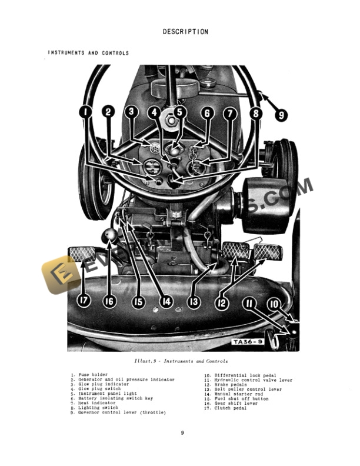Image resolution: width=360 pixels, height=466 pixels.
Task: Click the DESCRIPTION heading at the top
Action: [x=185, y=32]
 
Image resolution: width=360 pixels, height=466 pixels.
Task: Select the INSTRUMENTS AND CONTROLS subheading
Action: [x=88, y=53]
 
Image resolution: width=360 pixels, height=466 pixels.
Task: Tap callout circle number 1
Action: [x=86, y=111]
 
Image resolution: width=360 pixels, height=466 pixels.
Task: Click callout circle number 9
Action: [x=281, y=115]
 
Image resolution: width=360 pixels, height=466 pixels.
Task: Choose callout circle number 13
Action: [x=194, y=302]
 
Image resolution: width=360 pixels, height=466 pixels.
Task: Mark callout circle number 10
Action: [x=274, y=304]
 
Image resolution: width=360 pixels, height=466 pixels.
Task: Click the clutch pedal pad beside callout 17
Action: [x=82, y=254]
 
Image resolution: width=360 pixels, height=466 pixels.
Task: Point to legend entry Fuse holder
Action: [x=89, y=375]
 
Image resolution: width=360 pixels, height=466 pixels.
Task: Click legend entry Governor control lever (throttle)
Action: [x=122, y=413]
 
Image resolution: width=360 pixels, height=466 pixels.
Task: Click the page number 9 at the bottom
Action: [x=182, y=433]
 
